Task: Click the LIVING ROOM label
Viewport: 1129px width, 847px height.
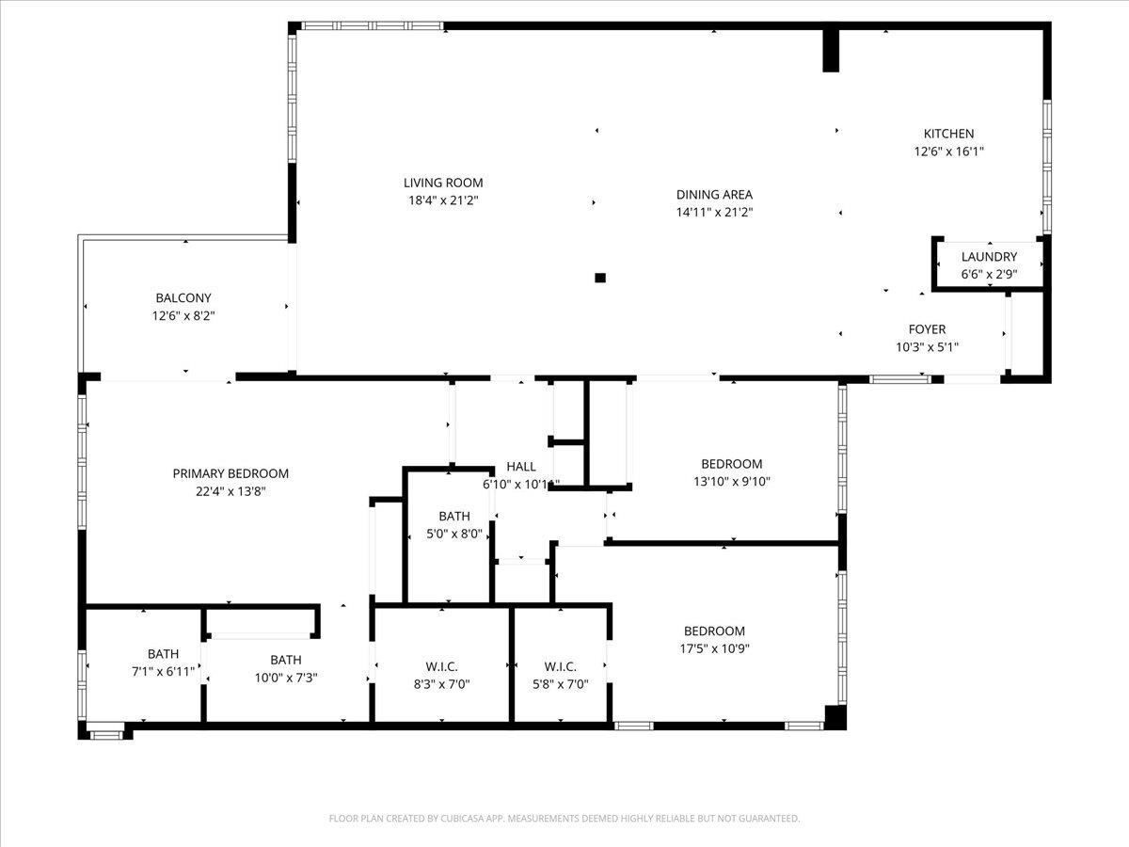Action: [x=443, y=183]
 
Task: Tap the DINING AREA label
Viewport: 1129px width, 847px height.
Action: [x=714, y=195]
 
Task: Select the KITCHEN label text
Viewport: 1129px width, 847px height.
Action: [x=948, y=134]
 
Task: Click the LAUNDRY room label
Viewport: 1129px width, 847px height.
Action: [x=989, y=257]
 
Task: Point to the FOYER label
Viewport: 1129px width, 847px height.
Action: [x=927, y=329]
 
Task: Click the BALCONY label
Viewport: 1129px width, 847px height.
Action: [x=183, y=298]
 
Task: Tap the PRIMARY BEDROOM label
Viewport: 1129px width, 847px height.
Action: [x=231, y=473]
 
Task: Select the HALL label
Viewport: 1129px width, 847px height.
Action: [x=521, y=467]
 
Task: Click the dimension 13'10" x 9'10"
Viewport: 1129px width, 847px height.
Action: [x=731, y=481]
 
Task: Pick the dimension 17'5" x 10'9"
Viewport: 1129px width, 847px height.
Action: [x=714, y=647]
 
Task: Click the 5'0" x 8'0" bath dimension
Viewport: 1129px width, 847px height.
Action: [x=453, y=533]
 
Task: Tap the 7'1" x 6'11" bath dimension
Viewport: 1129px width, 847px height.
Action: [x=163, y=671]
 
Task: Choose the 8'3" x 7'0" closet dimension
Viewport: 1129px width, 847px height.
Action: [x=441, y=683]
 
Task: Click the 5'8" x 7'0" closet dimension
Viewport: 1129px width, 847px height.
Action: [x=560, y=683]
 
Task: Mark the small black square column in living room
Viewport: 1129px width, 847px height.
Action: [x=600, y=278]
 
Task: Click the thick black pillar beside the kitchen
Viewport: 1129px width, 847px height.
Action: [x=831, y=50]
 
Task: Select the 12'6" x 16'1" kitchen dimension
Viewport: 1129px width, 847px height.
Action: [x=948, y=151]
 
